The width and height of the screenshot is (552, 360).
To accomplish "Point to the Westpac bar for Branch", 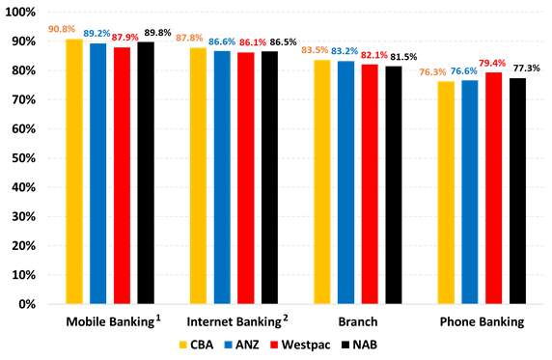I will pyautogui.click(x=370, y=183).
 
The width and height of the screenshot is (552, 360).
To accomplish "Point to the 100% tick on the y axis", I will pyautogui.click(x=25, y=13).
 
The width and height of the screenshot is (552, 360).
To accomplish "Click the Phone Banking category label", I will pyautogui.click(x=482, y=320).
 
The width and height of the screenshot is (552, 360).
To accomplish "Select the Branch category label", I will pyautogui.click(x=358, y=320).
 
